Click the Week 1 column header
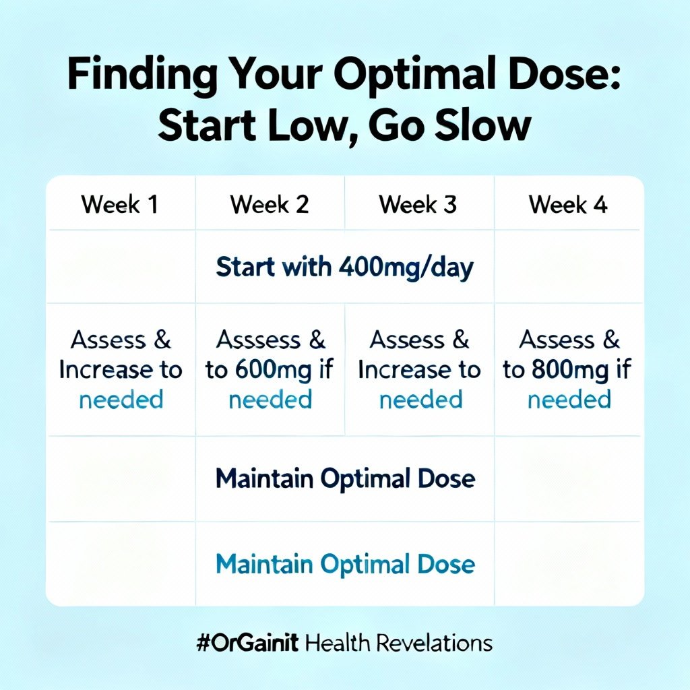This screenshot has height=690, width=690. click(x=120, y=204)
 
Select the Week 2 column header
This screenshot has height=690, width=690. click(x=270, y=204)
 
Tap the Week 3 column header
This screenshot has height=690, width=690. click(x=418, y=204)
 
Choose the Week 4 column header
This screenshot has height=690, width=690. click(x=568, y=204)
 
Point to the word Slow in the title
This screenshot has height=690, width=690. click(x=481, y=126)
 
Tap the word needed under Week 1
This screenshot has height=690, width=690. click(x=121, y=400)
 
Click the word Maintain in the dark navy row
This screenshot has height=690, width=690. click(x=263, y=479)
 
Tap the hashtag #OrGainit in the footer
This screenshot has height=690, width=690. click(x=247, y=643)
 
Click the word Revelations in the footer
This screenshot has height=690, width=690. click(x=434, y=643)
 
